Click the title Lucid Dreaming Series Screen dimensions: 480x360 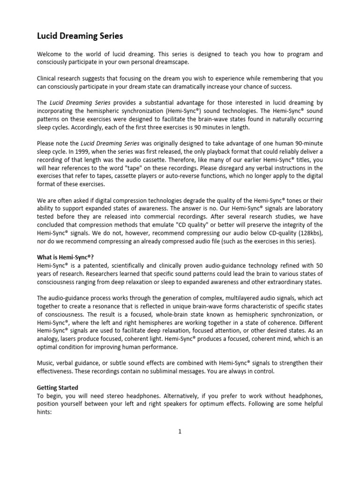coord(80,36)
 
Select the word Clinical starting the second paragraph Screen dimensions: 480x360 coord(48,78)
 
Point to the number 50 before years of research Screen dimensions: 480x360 coord(319,266)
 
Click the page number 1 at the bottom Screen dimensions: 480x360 coord(180,432)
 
